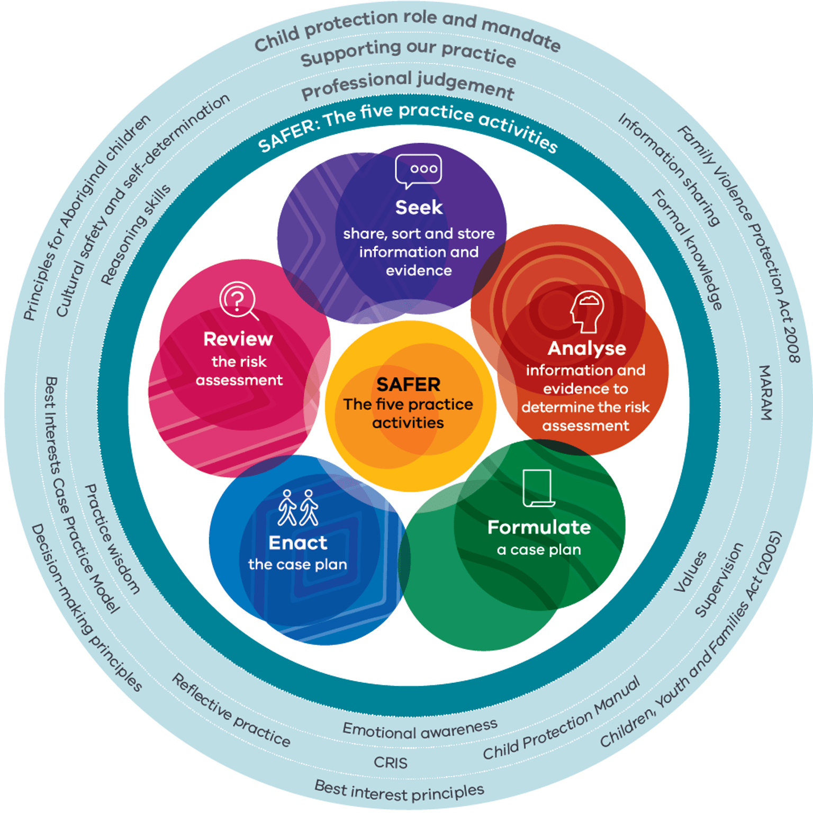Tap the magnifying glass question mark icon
[238, 300]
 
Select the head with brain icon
[588, 311]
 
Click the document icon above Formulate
[538, 487]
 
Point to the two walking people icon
[298, 508]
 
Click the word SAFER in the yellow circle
[408, 384]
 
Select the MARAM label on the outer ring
[765, 392]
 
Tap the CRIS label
[390, 763]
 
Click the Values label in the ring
[690, 572]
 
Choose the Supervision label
[719, 580]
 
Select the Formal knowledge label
[687, 249]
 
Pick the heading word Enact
[297, 543]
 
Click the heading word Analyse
[586, 348]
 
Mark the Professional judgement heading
[408, 85]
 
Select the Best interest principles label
[399, 792]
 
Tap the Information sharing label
[669, 170]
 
